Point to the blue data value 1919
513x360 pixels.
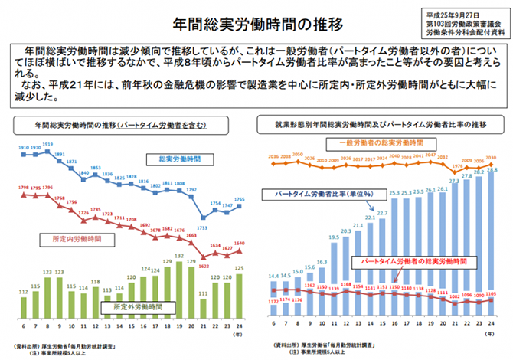tap(47, 145)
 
